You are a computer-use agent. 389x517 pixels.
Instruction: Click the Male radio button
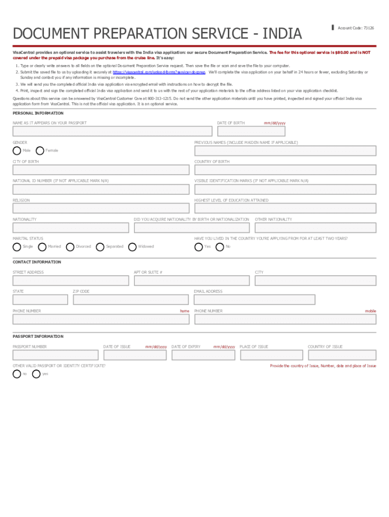(x=17, y=150)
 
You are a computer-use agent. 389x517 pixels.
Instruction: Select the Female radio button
(x=40, y=150)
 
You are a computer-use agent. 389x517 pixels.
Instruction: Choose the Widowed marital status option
(x=132, y=247)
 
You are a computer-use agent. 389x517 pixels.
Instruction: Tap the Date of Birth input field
(x=251, y=131)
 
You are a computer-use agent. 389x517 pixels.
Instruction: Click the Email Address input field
(x=255, y=300)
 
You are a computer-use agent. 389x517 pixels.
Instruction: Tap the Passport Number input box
(x=55, y=355)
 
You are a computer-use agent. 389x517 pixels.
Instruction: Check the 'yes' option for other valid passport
(x=36, y=374)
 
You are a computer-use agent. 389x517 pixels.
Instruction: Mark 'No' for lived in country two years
(x=220, y=247)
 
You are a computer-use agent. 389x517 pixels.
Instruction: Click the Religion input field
(x=101, y=209)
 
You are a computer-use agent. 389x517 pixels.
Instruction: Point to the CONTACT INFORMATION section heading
(x=37, y=262)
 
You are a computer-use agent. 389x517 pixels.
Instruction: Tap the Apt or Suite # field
(x=191, y=281)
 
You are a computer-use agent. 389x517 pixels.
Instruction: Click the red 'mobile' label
(x=370, y=311)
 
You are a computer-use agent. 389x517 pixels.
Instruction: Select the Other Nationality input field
(x=315, y=228)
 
